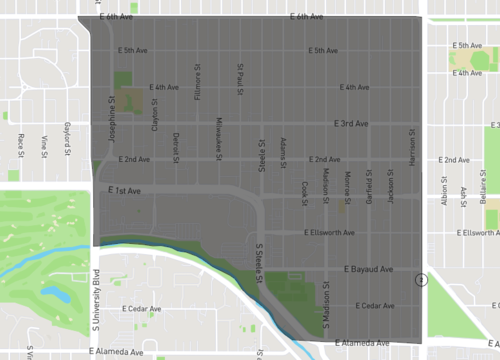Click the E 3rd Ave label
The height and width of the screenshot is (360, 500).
[351, 123]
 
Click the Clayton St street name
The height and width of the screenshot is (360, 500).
[155, 114]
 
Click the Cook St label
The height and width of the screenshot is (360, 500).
[305, 193]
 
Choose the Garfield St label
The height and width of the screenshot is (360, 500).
[369, 186]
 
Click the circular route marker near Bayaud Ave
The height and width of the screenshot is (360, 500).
[422, 281]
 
